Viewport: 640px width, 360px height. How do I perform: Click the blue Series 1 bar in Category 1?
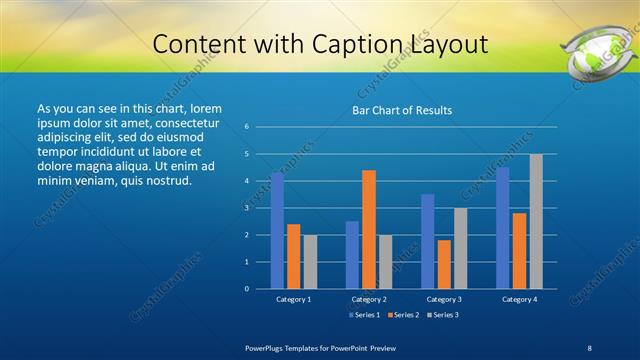(277, 231)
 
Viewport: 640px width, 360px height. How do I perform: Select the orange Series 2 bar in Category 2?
(369, 229)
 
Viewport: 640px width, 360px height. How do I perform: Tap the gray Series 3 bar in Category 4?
(536, 221)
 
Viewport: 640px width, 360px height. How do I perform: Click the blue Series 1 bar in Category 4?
(503, 228)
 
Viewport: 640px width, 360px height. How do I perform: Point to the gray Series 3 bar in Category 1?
(310, 262)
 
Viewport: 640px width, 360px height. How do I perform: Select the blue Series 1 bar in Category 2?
(352, 255)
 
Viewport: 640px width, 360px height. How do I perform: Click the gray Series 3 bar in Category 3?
(460, 248)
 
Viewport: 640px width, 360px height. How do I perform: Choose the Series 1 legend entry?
(363, 315)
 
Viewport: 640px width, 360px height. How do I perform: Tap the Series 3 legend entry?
(444, 315)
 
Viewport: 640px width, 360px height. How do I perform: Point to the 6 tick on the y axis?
(247, 127)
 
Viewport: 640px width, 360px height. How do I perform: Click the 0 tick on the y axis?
(247, 289)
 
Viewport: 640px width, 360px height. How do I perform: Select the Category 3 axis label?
(444, 299)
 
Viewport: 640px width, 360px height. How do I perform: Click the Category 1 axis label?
(294, 299)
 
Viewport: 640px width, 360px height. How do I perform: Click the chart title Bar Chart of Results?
(402, 110)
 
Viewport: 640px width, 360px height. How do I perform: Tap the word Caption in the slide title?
(362, 45)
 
